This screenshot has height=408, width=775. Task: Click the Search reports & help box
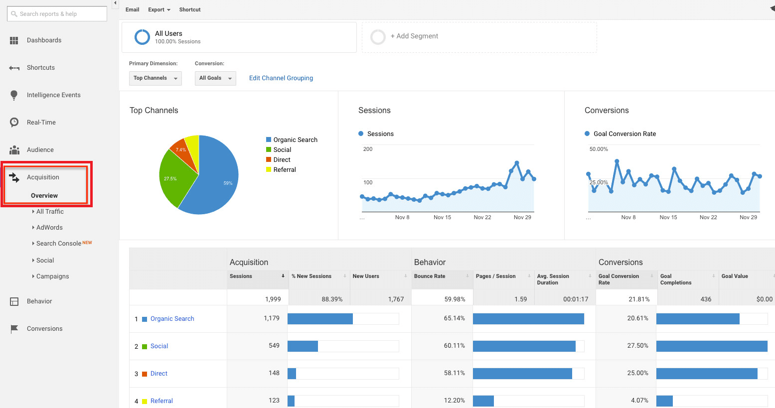point(57,14)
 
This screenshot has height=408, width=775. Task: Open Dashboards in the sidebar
point(44,40)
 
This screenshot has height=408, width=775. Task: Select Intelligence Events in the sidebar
point(53,95)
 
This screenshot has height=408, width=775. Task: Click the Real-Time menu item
point(41,123)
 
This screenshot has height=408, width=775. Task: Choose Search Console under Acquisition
point(59,244)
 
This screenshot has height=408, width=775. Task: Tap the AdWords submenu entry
point(49,228)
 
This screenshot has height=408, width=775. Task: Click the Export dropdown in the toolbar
point(159,10)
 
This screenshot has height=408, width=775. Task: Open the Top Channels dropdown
point(155,78)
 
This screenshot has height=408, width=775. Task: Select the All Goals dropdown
point(215,78)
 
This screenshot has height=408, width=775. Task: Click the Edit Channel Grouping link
point(281,78)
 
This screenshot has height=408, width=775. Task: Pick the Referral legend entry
point(284,170)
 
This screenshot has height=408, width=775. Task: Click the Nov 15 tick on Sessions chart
point(442,217)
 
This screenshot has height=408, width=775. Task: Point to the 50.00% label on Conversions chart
point(599,149)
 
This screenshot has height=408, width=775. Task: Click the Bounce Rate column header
point(430,276)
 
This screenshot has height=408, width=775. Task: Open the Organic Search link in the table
point(172,319)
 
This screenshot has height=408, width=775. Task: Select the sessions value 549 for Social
point(274,346)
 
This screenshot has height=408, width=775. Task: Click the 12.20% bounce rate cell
point(454,401)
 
